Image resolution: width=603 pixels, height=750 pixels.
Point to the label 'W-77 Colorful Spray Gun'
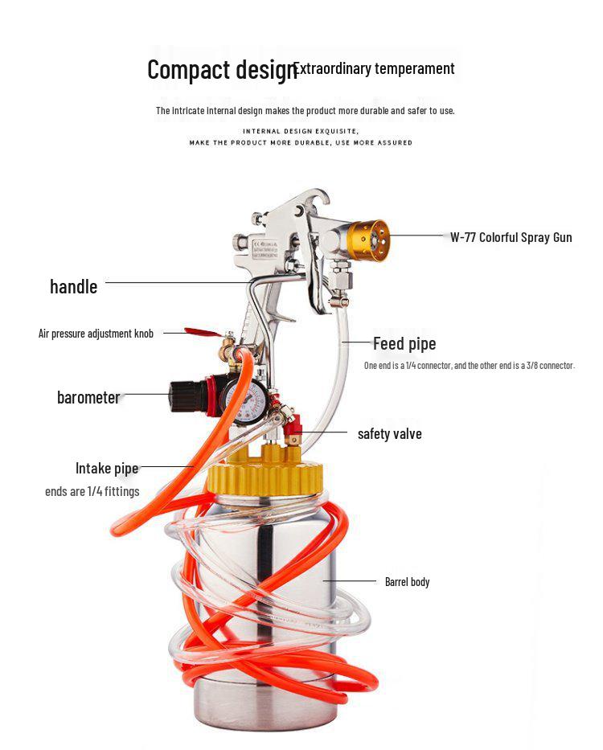511,237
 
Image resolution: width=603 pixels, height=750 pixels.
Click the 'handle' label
73,287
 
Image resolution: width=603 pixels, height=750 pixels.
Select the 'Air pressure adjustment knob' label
96,333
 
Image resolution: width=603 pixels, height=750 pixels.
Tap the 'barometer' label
88,397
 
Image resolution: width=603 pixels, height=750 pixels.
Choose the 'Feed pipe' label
404,344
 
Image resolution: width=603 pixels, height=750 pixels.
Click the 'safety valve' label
389,434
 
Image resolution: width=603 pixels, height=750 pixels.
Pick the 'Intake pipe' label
107,468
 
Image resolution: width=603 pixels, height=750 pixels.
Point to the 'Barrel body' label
407,581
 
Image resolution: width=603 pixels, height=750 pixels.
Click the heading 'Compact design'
220,70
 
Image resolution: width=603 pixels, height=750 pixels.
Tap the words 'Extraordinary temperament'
375,68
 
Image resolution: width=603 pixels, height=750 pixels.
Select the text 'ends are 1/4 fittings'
92,491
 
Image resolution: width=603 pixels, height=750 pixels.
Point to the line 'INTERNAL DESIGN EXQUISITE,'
301,130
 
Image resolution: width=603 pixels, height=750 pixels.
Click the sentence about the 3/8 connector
470,366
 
